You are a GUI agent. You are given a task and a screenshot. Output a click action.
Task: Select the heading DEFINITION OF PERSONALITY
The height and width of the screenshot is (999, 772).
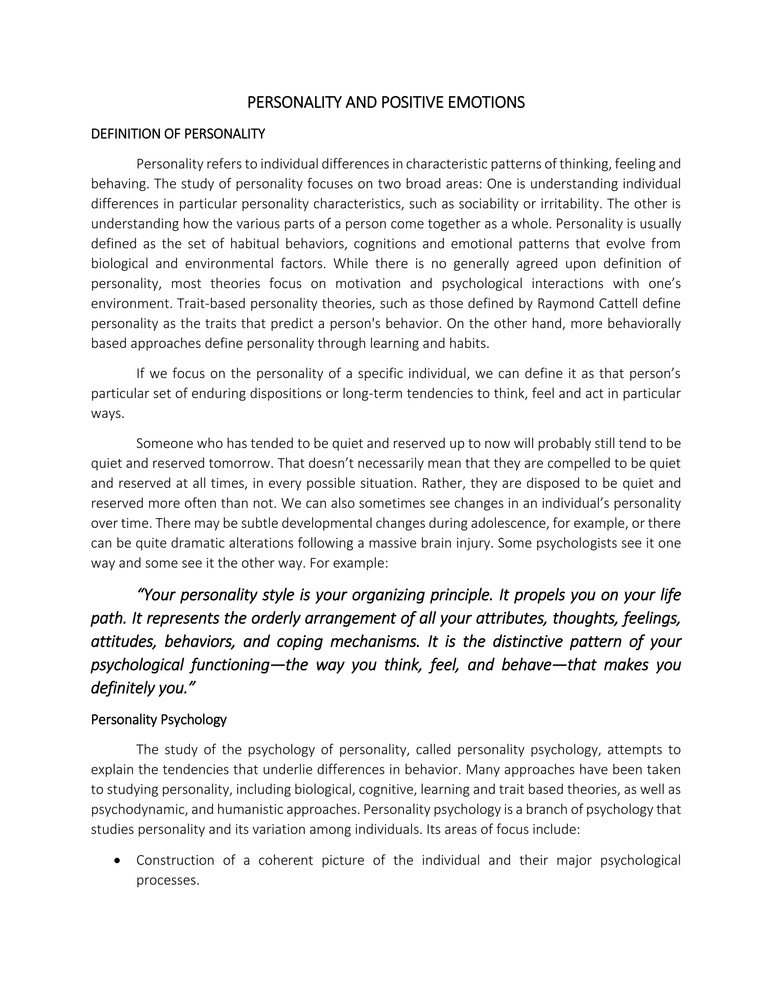178,134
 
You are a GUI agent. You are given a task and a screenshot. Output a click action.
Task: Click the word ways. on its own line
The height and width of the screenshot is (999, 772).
107,414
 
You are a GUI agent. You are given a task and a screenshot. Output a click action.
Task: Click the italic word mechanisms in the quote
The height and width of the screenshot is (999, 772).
375,641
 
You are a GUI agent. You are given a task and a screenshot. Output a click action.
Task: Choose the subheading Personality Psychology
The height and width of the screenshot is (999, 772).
159,720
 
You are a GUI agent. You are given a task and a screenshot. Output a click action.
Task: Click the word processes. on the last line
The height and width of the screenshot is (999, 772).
168,881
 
